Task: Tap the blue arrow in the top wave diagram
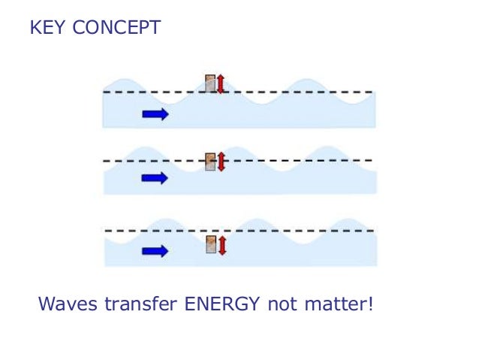155,113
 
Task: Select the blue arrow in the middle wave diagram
155,178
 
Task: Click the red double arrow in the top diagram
221,83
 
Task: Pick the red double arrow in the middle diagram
221,161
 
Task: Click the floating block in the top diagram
211,83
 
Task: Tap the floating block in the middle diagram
211,161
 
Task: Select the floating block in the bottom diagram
211,244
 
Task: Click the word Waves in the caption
66,305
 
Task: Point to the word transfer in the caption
138,305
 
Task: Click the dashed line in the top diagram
300,92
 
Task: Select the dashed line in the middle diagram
300,161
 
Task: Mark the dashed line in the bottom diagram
300,230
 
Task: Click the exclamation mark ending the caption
370,305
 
